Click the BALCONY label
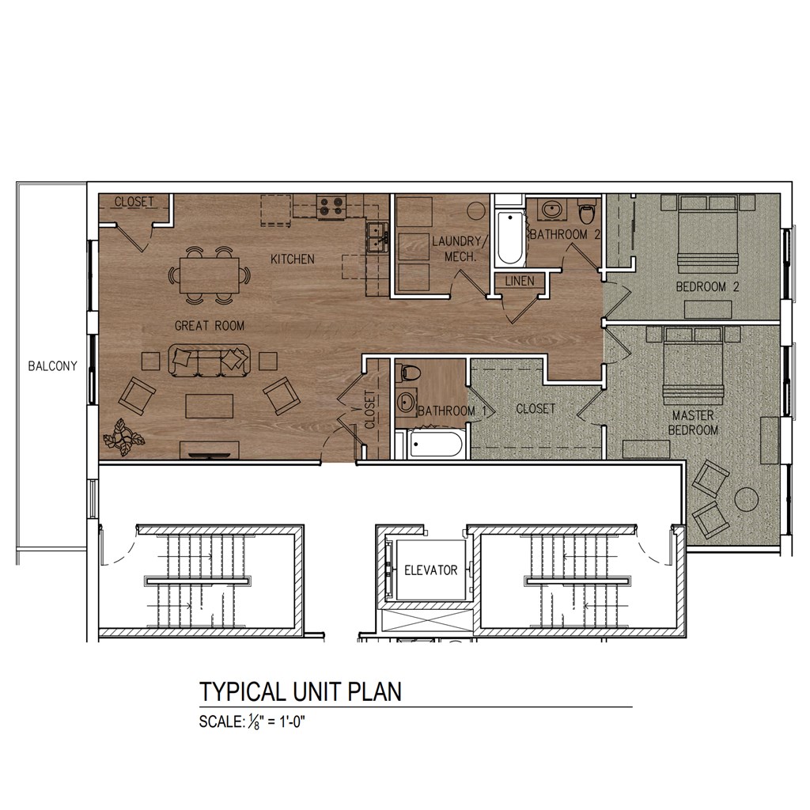(52, 365)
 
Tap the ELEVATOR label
(431, 570)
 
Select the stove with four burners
(331, 206)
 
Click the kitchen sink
(377, 237)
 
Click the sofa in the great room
(209, 358)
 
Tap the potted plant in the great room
(124, 437)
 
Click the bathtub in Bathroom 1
(436, 445)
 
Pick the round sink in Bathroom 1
(407, 401)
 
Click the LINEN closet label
(520, 281)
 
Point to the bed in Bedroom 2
(708, 233)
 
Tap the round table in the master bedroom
(747, 500)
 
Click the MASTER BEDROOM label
(693, 422)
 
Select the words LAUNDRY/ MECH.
(457, 248)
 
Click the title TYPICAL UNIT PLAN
(301, 691)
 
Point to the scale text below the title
(252, 721)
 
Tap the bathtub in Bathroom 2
(510, 237)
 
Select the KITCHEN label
(293, 259)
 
